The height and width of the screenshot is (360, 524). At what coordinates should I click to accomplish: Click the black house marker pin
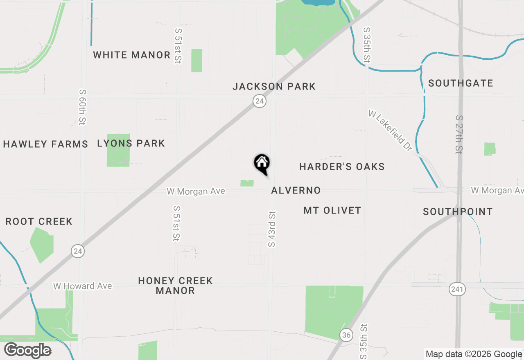click(x=262, y=164)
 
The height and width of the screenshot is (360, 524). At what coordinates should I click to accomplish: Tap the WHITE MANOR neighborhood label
click(x=131, y=55)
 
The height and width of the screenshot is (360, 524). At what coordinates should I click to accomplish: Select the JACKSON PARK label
click(x=274, y=86)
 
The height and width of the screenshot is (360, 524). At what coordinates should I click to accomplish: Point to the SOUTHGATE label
click(x=461, y=83)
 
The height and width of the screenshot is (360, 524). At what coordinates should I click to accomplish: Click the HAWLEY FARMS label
click(x=45, y=144)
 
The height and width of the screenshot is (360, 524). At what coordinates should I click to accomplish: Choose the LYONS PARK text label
click(x=131, y=143)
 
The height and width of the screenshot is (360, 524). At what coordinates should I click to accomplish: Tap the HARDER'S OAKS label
click(x=342, y=166)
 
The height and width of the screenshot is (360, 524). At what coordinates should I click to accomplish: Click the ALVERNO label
click(x=296, y=190)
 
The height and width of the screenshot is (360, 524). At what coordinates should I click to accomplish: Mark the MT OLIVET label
click(x=332, y=210)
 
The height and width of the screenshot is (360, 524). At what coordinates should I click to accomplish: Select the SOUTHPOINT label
click(x=457, y=211)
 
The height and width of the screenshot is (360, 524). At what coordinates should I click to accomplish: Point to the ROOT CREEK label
click(x=39, y=221)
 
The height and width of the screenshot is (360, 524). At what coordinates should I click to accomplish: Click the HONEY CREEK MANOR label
click(x=175, y=286)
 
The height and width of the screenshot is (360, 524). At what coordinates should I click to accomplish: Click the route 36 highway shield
click(x=346, y=335)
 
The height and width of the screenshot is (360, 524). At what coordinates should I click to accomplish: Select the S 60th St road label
click(x=83, y=107)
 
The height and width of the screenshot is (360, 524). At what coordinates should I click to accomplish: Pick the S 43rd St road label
click(x=272, y=229)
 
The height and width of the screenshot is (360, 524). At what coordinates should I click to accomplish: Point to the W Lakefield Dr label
click(x=390, y=130)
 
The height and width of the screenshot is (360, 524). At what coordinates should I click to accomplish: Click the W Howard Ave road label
click(x=82, y=286)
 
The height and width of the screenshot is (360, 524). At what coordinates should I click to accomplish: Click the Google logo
click(x=27, y=351)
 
